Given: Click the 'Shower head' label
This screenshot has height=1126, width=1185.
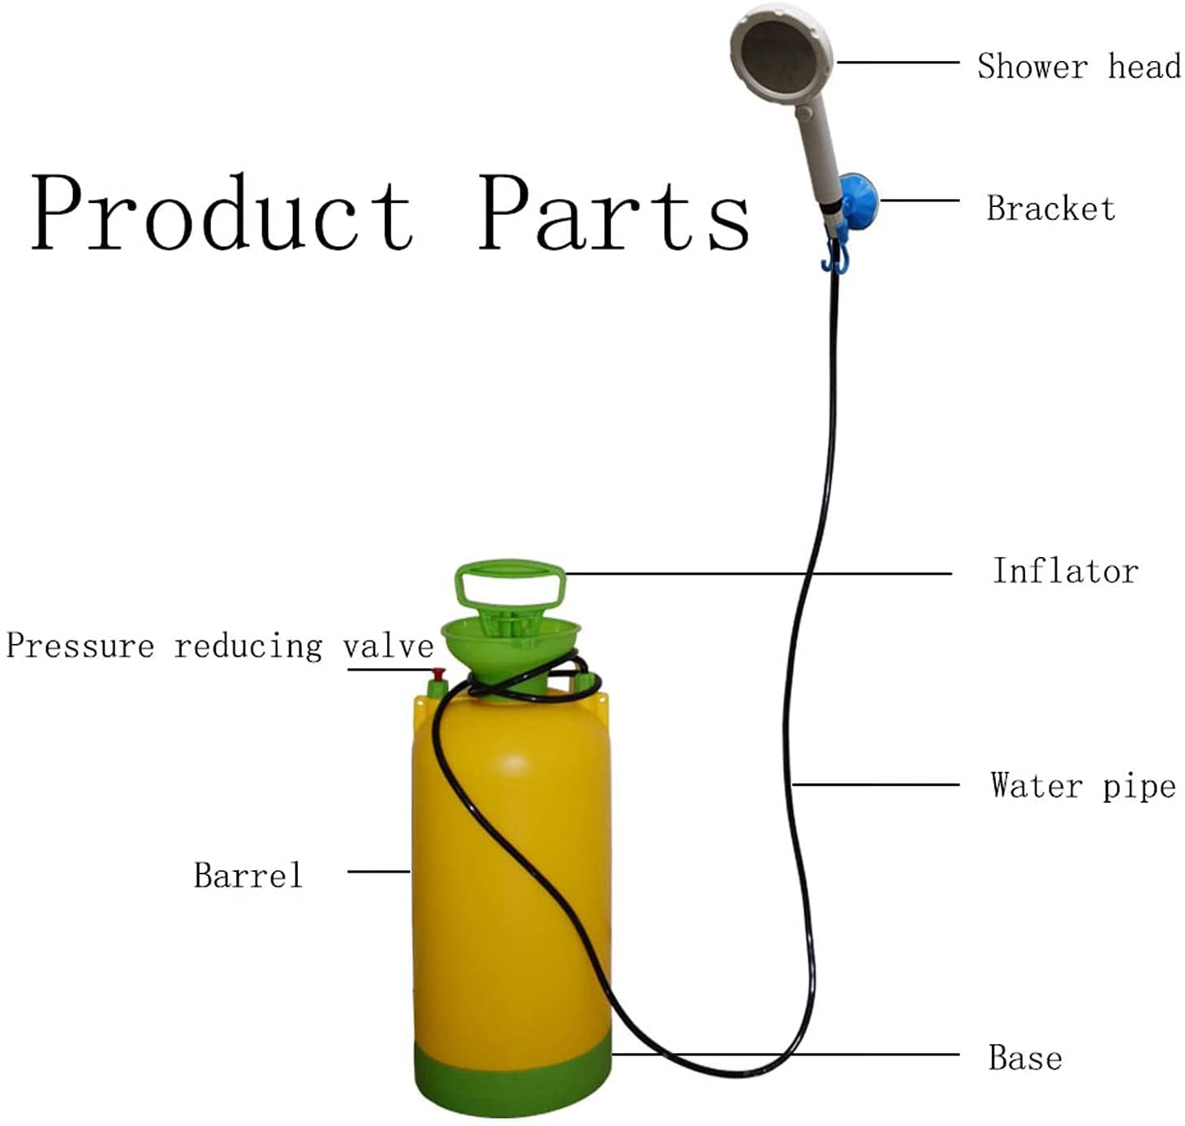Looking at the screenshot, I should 1078,66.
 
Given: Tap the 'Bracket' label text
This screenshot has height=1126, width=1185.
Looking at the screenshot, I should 1050,209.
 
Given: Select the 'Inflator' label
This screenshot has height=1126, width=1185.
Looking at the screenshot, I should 1065,571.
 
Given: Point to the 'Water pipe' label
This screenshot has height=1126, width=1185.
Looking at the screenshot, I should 1083,786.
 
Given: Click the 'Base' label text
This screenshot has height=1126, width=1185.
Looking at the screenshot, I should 1025,1058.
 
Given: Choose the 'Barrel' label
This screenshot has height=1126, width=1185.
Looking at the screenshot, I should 248,875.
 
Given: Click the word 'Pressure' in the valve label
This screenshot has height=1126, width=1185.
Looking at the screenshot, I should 80,646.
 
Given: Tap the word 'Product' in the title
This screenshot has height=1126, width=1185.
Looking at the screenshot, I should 221,213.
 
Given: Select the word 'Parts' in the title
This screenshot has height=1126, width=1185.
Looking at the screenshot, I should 614,213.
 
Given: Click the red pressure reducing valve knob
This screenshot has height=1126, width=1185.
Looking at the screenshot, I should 438,675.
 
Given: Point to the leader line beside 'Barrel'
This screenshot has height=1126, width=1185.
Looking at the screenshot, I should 378,872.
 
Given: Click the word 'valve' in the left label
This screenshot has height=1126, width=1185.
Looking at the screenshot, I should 388,646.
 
